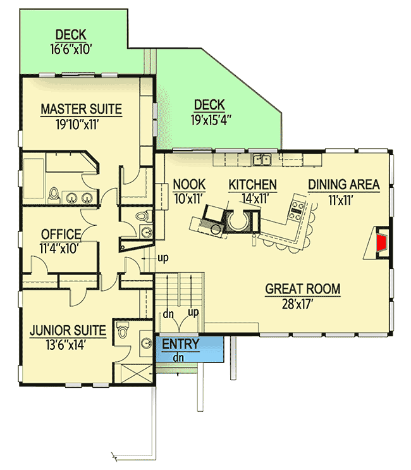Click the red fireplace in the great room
[x=381, y=243]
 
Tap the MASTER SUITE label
[x=81, y=109]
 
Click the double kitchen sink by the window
[x=262, y=159]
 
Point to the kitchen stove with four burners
[x=296, y=209]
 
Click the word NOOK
[x=189, y=185]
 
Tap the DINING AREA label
[x=344, y=185]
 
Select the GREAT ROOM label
[x=302, y=289]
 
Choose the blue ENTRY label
[x=180, y=344]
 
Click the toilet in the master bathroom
[x=54, y=193]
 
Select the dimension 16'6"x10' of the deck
[x=79, y=49]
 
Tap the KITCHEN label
[x=252, y=185]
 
